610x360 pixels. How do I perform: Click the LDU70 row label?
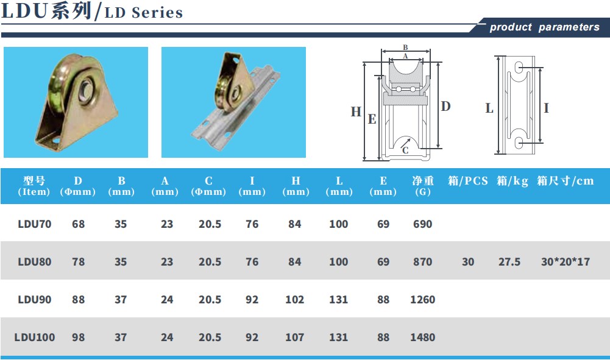[34, 224]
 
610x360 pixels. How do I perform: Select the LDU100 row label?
[34, 337]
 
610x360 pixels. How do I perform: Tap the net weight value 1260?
[422, 299]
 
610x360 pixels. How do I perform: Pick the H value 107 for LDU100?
[294, 337]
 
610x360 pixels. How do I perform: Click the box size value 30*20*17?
[566, 262]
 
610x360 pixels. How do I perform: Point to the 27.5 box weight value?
[509, 262]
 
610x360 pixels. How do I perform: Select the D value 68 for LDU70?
[78, 224]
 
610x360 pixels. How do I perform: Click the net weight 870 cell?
[422, 262]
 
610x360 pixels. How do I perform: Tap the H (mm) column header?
[296, 186]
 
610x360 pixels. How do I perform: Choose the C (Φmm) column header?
[208, 186]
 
